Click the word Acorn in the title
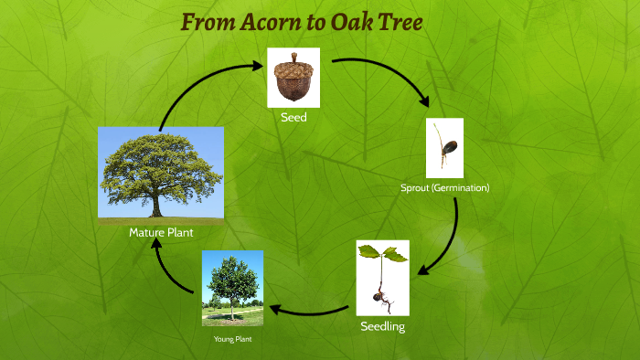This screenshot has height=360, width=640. (x=273, y=21)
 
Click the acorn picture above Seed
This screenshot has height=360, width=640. (x=293, y=77)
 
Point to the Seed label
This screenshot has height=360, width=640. (x=293, y=117)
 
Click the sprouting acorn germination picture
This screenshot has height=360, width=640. (x=444, y=148)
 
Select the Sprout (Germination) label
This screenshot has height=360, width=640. (x=445, y=187)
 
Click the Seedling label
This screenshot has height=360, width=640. (x=382, y=326)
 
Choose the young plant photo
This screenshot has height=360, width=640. (x=232, y=288)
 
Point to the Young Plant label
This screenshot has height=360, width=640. (x=232, y=339)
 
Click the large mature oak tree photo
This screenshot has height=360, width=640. (x=161, y=175)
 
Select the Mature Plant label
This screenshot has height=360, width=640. (x=161, y=233)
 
